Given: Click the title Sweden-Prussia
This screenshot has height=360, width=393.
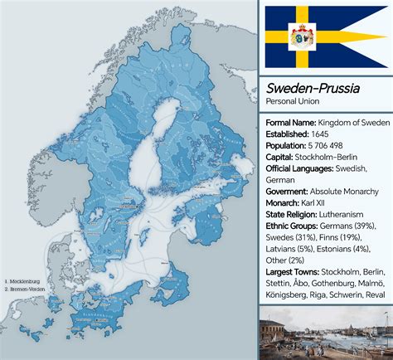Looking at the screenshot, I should [x=306, y=88].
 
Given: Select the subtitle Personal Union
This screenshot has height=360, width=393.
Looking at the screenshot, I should [x=292, y=101].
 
